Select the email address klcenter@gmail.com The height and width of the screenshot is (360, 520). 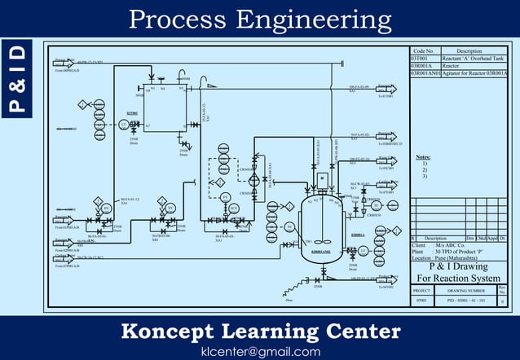pos(260,351)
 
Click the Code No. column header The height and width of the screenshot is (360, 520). pos(424,51)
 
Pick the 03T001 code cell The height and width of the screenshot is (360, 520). pos(420,59)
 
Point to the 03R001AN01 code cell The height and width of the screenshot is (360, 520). pos(425,73)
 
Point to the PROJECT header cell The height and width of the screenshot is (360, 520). pos(421,290)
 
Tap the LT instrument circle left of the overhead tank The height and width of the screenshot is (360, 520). pos(122,124)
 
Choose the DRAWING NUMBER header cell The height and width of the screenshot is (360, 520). pos(465,290)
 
